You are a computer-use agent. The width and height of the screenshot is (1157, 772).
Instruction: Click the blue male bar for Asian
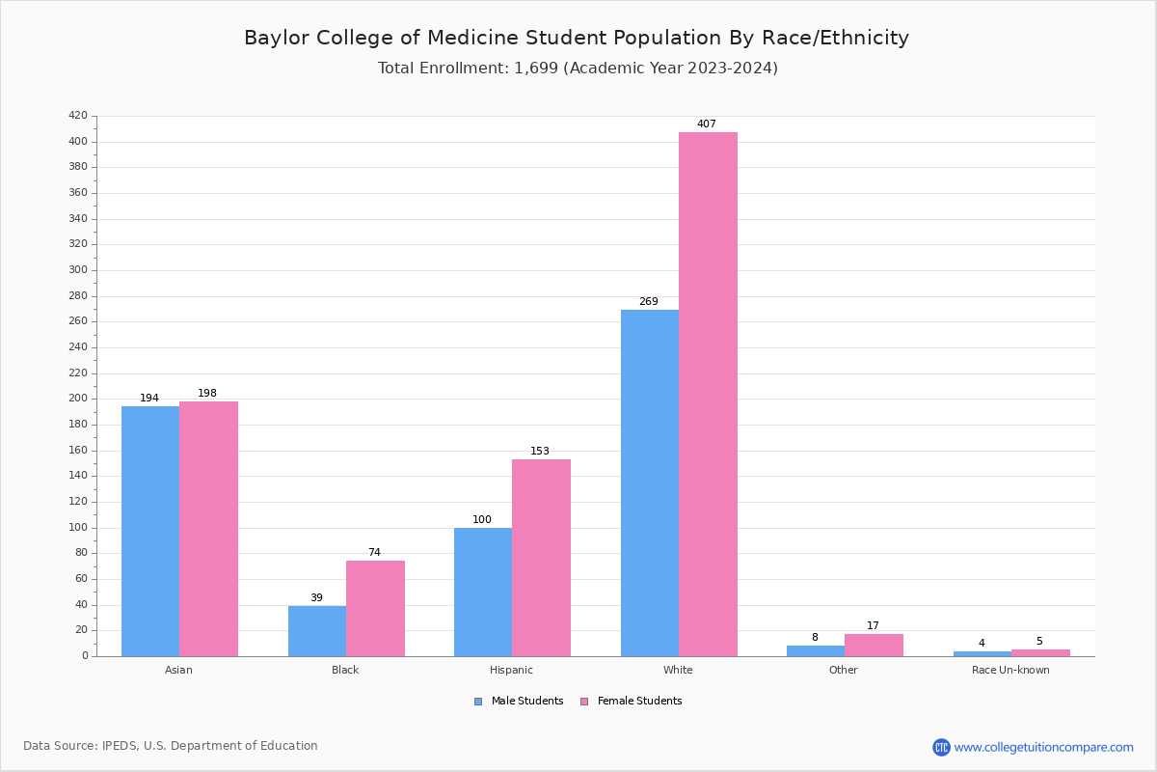(x=150, y=531)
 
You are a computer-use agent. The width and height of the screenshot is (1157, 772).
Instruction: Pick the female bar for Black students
(x=375, y=608)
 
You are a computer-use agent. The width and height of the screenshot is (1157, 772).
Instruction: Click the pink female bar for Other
(x=874, y=646)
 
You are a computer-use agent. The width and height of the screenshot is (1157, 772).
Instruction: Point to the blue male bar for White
(x=650, y=482)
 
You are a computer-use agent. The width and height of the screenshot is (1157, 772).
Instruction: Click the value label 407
(x=707, y=124)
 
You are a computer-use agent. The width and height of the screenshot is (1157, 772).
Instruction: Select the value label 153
(x=540, y=452)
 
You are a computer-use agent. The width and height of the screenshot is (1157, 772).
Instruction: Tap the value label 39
(x=316, y=598)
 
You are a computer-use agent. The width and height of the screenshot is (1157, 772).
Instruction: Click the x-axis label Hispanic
(x=511, y=670)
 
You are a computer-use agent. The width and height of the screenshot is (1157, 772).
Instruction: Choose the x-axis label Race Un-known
(x=1010, y=670)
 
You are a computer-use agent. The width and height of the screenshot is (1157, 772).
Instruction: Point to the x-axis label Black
(x=345, y=670)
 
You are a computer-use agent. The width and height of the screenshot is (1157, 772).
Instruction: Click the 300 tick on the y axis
(x=78, y=270)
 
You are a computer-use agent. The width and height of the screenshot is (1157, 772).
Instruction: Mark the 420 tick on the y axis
(x=78, y=116)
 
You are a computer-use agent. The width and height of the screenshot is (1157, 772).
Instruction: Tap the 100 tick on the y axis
(x=78, y=528)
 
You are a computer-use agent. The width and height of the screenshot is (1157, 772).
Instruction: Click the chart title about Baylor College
(x=577, y=39)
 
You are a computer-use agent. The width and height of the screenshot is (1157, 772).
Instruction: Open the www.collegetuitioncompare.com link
(x=1043, y=747)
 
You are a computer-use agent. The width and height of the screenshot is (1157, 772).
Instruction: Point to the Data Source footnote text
(x=171, y=746)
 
